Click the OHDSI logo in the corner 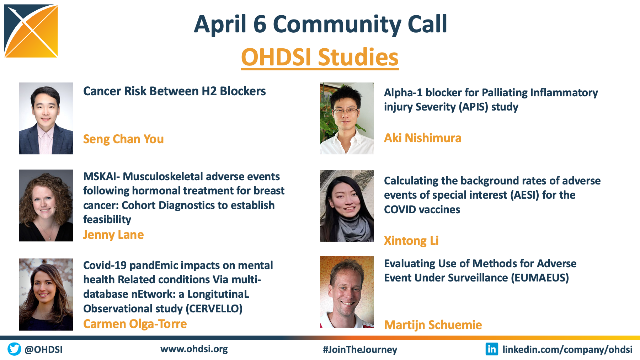click(31, 31)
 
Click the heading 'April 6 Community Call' click(320, 24)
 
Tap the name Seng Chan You click(123, 139)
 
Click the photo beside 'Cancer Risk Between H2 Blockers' click(46, 118)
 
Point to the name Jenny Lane click(113, 235)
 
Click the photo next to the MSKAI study click(46, 205)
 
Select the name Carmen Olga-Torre click(135, 324)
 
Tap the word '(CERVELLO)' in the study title click(214, 308)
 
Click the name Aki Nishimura click(422, 138)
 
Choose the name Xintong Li click(411, 241)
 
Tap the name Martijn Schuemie click(433, 325)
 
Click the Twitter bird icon click(14, 349)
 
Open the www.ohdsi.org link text click(194, 349)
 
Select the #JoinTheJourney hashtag click(360, 350)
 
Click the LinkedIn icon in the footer click(492, 349)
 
